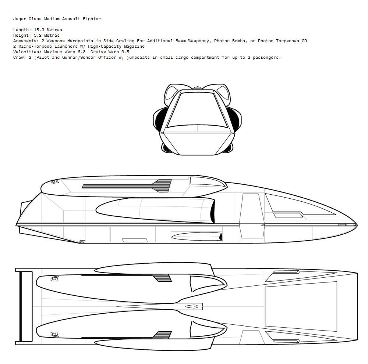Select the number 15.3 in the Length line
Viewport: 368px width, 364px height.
click(x=39, y=30)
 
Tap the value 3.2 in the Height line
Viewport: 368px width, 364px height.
click(x=38, y=35)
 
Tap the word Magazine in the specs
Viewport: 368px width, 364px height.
click(x=134, y=46)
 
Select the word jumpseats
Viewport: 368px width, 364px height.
click(x=138, y=57)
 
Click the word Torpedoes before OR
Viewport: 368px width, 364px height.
click(x=287, y=41)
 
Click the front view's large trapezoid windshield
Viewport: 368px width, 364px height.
click(x=197, y=109)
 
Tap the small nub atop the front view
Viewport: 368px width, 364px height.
click(x=197, y=88)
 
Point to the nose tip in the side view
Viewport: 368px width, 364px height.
click(x=357, y=225)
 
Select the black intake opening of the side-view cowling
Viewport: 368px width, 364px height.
click(x=212, y=211)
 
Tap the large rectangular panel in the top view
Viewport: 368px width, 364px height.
click(x=301, y=306)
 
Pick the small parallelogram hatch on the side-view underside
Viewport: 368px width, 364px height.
click(x=135, y=240)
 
